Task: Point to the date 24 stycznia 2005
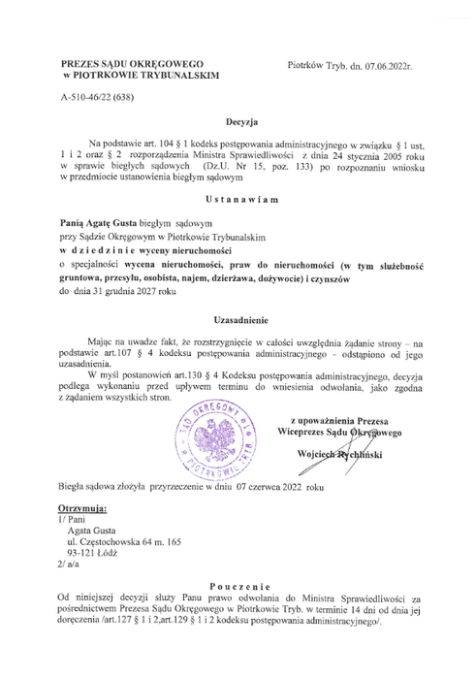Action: (350, 153)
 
